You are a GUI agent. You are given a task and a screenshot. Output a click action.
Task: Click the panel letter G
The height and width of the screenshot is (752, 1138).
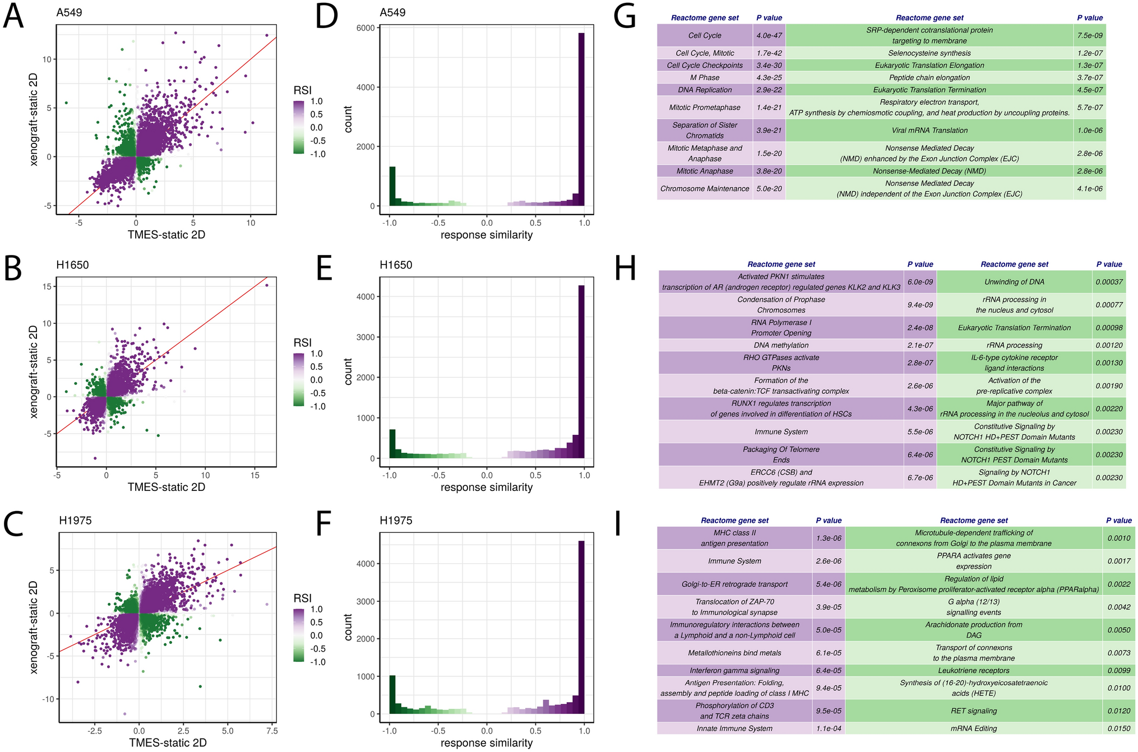click(x=624, y=17)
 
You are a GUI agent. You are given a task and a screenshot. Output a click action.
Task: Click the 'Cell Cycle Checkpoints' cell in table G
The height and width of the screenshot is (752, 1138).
click(x=705, y=66)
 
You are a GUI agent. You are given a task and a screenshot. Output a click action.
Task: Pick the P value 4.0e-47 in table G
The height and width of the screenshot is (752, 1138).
click(x=769, y=35)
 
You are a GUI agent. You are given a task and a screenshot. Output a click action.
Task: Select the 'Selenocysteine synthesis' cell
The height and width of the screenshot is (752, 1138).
click(x=929, y=53)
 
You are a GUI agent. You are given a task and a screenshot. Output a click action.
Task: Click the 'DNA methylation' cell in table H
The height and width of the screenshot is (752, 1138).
click(x=781, y=345)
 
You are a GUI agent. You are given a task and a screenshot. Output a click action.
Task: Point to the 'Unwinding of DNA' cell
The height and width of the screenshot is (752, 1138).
click(x=1014, y=282)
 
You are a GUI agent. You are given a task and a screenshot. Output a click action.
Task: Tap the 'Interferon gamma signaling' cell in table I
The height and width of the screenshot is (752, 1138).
click(x=734, y=670)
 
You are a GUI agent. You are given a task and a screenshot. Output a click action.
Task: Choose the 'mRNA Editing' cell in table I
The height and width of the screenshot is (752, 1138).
click(x=974, y=728)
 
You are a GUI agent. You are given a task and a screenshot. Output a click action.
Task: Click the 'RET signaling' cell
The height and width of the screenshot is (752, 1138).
click(x=974, y=711)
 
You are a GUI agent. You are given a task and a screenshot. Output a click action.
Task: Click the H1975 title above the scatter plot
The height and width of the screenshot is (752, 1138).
click(x=75, y=520)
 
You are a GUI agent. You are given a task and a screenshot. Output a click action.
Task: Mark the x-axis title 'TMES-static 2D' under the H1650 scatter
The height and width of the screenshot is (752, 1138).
click(x=166, y=487)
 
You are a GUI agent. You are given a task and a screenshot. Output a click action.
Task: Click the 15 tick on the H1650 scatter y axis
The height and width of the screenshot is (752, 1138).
click(x=47, y=286)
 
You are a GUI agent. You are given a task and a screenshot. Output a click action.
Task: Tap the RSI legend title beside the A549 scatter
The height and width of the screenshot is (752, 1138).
click(x=302, y=90)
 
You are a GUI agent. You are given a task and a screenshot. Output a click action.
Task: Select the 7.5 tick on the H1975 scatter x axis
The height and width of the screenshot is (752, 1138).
click(x=272, y=731)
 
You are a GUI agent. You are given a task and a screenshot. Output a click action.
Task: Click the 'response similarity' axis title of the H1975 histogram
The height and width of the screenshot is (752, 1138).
click(x=487, y=743)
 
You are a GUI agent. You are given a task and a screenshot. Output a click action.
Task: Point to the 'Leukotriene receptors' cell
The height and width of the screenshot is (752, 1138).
click(x=974, y=670)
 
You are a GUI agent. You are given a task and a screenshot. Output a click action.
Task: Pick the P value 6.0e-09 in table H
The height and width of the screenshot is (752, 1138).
click(x=920, y=282)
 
